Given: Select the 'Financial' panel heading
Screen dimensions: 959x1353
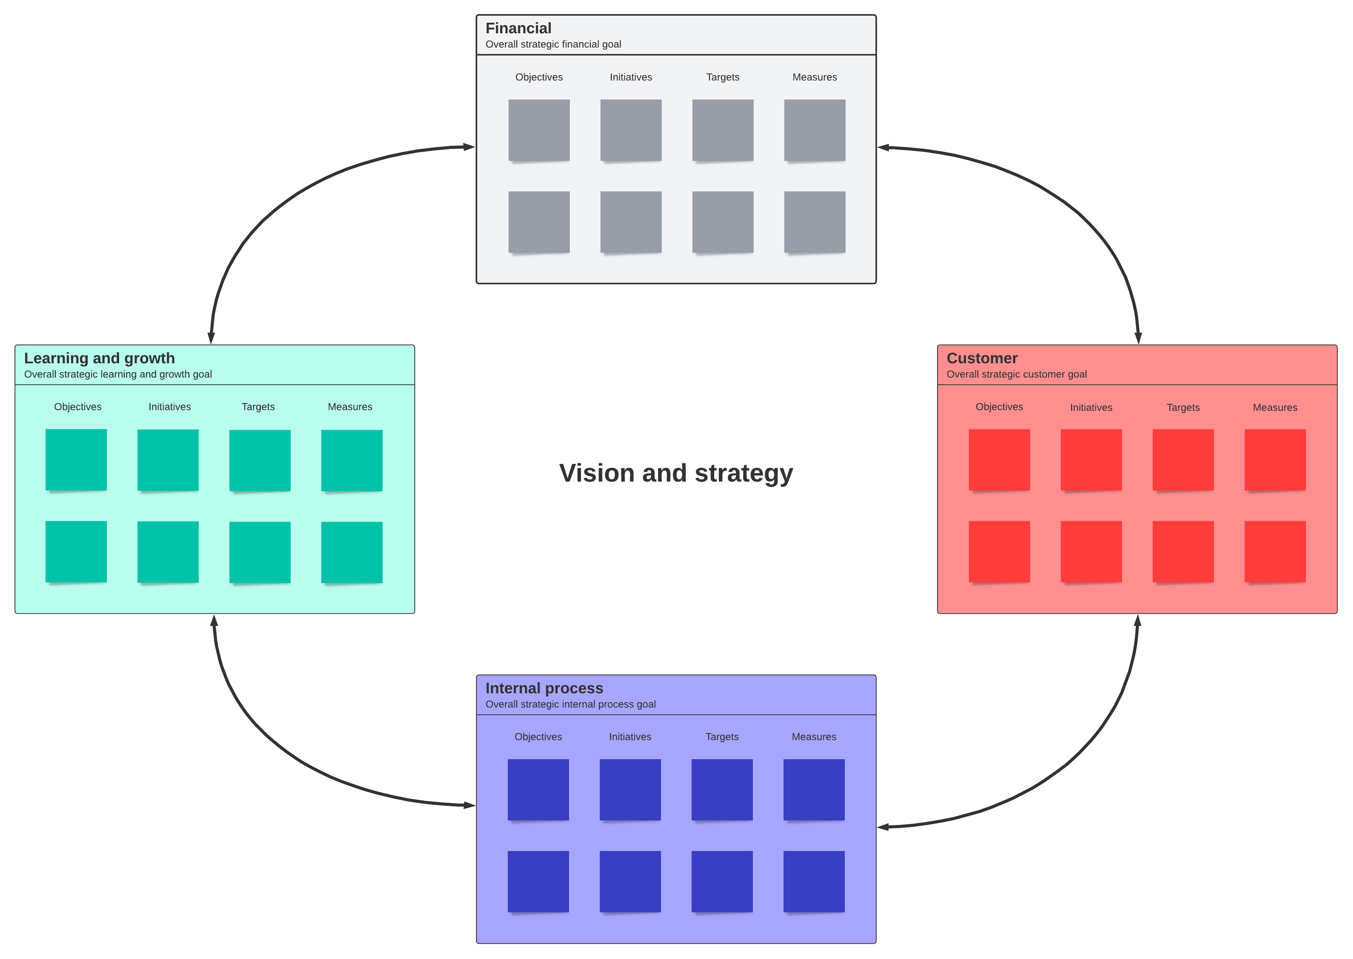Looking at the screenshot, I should tap(518, 28).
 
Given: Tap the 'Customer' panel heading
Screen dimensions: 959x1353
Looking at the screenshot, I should tap(982, 358).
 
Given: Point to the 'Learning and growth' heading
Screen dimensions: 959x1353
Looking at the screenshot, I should tap(99, 358).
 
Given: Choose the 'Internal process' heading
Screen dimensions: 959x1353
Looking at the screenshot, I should tap(544, 689).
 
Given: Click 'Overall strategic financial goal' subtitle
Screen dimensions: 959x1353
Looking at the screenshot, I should tap(553, 44).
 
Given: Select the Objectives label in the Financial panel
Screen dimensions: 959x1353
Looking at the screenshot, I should tap(538, 77).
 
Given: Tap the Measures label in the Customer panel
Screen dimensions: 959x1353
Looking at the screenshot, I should tap(1274, 407).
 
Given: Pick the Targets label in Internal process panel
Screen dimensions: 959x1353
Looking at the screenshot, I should tap(721, 737).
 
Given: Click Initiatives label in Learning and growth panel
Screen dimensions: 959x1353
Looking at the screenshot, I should tap(170, 407).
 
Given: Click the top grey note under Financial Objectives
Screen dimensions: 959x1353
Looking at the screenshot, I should tap(538, 130).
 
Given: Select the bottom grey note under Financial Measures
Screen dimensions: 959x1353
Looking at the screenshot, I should tap(815, 222).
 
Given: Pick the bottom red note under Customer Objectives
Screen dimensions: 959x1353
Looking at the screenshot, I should tap(999, 552).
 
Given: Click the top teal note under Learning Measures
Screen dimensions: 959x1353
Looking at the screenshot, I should tap(352, 461).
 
